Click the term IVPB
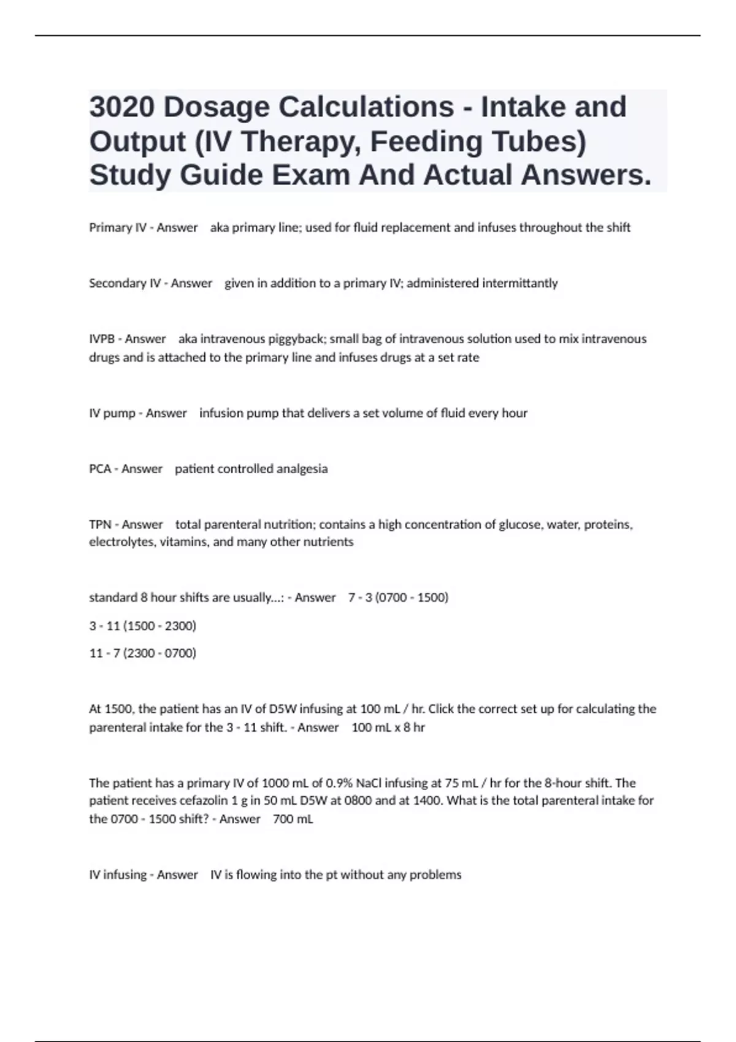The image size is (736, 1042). point(102,339)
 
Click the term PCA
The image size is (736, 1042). point(100,469)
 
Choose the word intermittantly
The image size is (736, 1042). point(520,283)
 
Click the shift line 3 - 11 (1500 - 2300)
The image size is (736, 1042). point(142,626)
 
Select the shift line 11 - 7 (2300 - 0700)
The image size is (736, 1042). point(142,653)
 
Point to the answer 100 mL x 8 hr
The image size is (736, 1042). point(388,728)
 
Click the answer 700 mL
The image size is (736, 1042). point(293,820)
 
